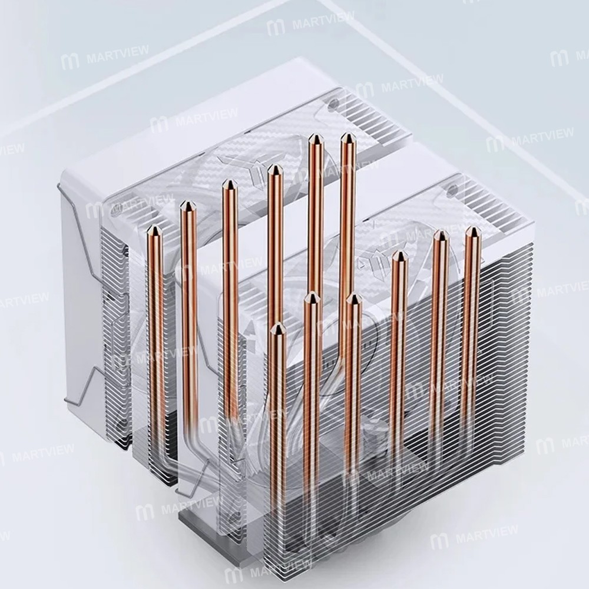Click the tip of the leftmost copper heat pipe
tap(155, 226)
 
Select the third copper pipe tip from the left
tap(229, 181)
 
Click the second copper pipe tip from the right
tap(441, 231)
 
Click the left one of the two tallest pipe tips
tap(316, 135)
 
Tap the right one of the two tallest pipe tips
tap(348, 135)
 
